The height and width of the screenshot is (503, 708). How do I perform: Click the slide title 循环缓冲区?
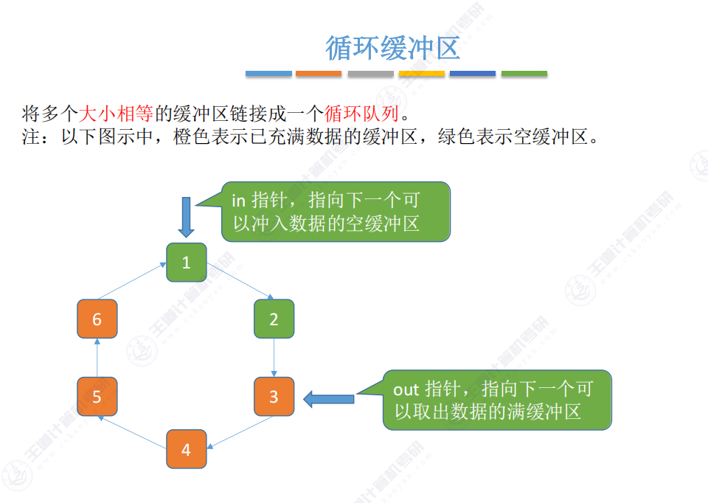click(392, 48)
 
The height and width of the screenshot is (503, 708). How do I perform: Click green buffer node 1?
click(186, 263)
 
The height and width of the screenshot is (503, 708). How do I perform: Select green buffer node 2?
click(274, 319)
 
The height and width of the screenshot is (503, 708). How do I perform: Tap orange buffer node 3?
click(274, 396)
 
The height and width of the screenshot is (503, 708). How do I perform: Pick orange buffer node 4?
click(186, 449)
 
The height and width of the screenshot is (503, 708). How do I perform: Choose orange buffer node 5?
click(97, 397)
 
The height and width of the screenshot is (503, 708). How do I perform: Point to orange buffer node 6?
click(97, 319)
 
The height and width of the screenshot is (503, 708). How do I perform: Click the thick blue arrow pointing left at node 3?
click(329, 399)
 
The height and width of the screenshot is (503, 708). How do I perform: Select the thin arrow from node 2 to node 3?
click(274, 358)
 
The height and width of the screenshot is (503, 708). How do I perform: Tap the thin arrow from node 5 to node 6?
click(97, 358)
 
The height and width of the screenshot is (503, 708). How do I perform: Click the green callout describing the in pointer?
click(336, 212)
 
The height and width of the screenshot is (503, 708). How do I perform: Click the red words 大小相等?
click(115, 114)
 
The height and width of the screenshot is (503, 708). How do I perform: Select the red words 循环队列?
click(361, 114)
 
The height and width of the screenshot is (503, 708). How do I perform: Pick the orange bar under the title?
click(319, 74)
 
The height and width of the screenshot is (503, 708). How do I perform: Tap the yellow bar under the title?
click(422, 74)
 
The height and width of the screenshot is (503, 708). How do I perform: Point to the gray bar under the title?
click(370, 74)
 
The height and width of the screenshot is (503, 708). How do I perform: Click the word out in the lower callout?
click(406, 389)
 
